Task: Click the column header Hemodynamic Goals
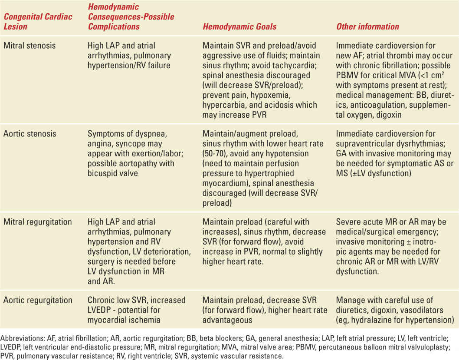pos(239,26)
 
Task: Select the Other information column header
pos(367,26)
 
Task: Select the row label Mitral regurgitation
pos(37,222)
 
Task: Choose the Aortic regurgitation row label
pos(37,300)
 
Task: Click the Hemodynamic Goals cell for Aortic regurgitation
pos(260,310)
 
